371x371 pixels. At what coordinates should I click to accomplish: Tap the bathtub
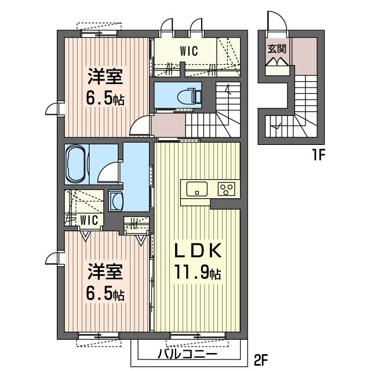tap(76, 164)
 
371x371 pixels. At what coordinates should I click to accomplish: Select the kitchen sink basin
tap(197, 189)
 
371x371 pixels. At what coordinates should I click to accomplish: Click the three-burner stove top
tap(227, 189)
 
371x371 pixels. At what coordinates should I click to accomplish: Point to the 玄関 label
tap(277, 49)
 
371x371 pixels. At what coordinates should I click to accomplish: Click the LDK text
tap(198, 250)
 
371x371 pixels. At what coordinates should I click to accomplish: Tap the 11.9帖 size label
tap(198, 272)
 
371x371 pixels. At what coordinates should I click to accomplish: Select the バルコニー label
tap(187, 355)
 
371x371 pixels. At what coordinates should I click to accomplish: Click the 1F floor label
tap(319, 155)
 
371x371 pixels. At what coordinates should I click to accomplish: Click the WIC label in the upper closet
tap(188, 51)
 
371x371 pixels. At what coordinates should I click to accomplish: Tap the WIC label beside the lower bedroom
tap(89, 220)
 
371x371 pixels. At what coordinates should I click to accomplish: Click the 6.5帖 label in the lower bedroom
tap(105, 293)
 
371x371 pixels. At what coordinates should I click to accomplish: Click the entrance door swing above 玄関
tap(277, 21)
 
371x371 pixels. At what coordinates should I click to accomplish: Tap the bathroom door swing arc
tap(108, 172)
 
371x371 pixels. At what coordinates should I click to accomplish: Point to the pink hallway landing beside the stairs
tap(168, 125)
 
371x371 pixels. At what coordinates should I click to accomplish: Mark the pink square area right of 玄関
tap(304, 56)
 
